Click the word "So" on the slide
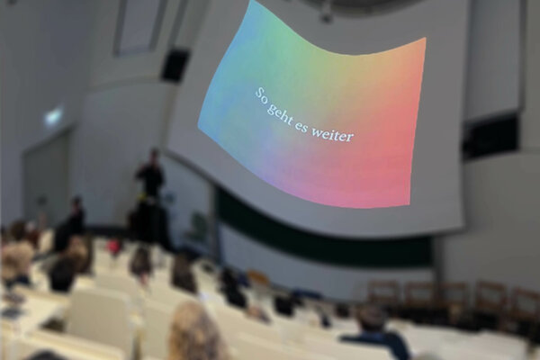[x=262, y=94]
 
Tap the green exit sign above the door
[x=53, y=116]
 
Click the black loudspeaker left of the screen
[x=175, y=66]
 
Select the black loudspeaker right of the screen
[x=490, y=135]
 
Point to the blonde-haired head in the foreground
[x=194, y=332]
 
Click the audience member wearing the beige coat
[x=15, y=255]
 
